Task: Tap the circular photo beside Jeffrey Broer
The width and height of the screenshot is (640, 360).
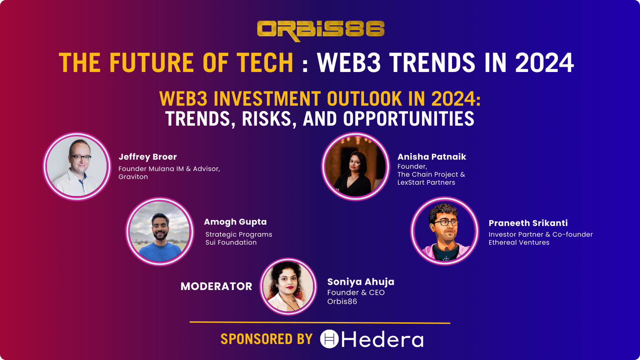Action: point(77,166)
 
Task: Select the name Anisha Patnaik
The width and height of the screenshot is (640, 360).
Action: point(432,156)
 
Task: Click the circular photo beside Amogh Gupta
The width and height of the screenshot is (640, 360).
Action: point(160,232)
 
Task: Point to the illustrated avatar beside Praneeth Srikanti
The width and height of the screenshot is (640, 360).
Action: point(444,231)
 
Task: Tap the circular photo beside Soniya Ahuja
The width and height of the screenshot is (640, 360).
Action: point(288,286)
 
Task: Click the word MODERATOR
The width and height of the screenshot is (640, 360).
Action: point(216,286)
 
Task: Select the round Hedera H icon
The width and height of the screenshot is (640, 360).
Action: point(329,339)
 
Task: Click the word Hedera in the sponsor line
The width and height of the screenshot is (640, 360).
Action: point(382,339)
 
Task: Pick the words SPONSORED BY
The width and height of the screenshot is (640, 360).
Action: point(266,339)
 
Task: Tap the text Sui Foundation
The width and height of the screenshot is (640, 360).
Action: point(231,242)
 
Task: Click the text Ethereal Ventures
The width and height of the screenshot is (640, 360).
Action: point(519,242)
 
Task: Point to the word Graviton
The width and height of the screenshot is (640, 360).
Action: point(133,176)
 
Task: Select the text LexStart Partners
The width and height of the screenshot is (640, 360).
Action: point(426,182)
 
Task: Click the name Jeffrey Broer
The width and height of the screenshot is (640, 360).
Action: point(148,157)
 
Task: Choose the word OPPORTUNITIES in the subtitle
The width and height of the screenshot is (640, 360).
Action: point(408,118)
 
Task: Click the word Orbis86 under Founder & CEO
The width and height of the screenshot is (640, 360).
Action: point(342,302)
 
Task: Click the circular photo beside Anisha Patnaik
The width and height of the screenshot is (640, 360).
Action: point(356,166)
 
